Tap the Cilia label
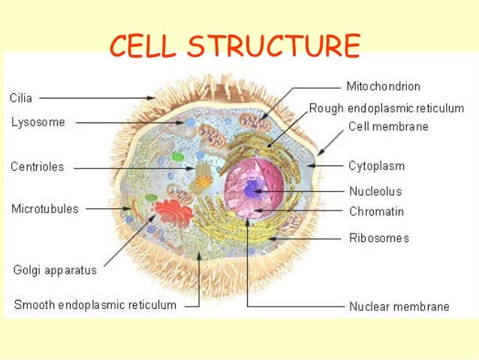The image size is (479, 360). tap(22, 98)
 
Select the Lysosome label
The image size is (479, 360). tap(38, 121)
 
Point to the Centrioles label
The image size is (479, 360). tap(38, 167)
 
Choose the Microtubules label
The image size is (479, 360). tap(44, 209)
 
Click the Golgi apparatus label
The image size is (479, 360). tap(55, 268)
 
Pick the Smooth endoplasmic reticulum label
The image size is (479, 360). tap(95, 305)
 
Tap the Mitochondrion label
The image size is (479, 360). tap(383, 86)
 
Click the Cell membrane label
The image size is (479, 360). tap(388, 127)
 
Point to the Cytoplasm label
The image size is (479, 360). tap(378, 165)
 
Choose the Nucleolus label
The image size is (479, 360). tap(375, 191)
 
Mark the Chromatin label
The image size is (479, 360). tap(376, 211)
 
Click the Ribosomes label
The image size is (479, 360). tap(379, 238)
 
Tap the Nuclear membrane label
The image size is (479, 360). tap(399, 306)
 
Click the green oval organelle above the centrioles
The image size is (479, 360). tap(178, 157)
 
